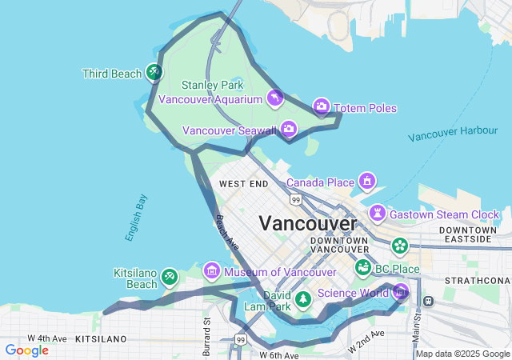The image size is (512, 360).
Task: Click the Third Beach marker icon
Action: click(154, 73)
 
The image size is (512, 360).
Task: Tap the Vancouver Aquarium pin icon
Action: click(275, 98)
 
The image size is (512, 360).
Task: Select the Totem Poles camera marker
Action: click(321, 106)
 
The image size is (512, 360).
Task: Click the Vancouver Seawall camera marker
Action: click(288, 128)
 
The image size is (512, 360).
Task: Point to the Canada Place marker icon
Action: click(367, 180)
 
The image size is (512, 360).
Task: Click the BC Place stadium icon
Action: click(363, 266)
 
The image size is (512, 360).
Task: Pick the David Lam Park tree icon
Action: click(303, 299)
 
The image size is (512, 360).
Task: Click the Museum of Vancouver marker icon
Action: click(211, 271)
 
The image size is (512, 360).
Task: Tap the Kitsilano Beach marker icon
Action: click(169, 276)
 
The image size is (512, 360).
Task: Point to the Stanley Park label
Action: click(212, 85)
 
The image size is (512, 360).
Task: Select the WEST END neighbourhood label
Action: click(243, 184)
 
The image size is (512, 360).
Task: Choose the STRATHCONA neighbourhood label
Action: click(478, 281)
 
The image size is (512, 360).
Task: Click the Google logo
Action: click(26, 350)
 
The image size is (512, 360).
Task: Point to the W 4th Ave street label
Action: click(47, 338)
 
